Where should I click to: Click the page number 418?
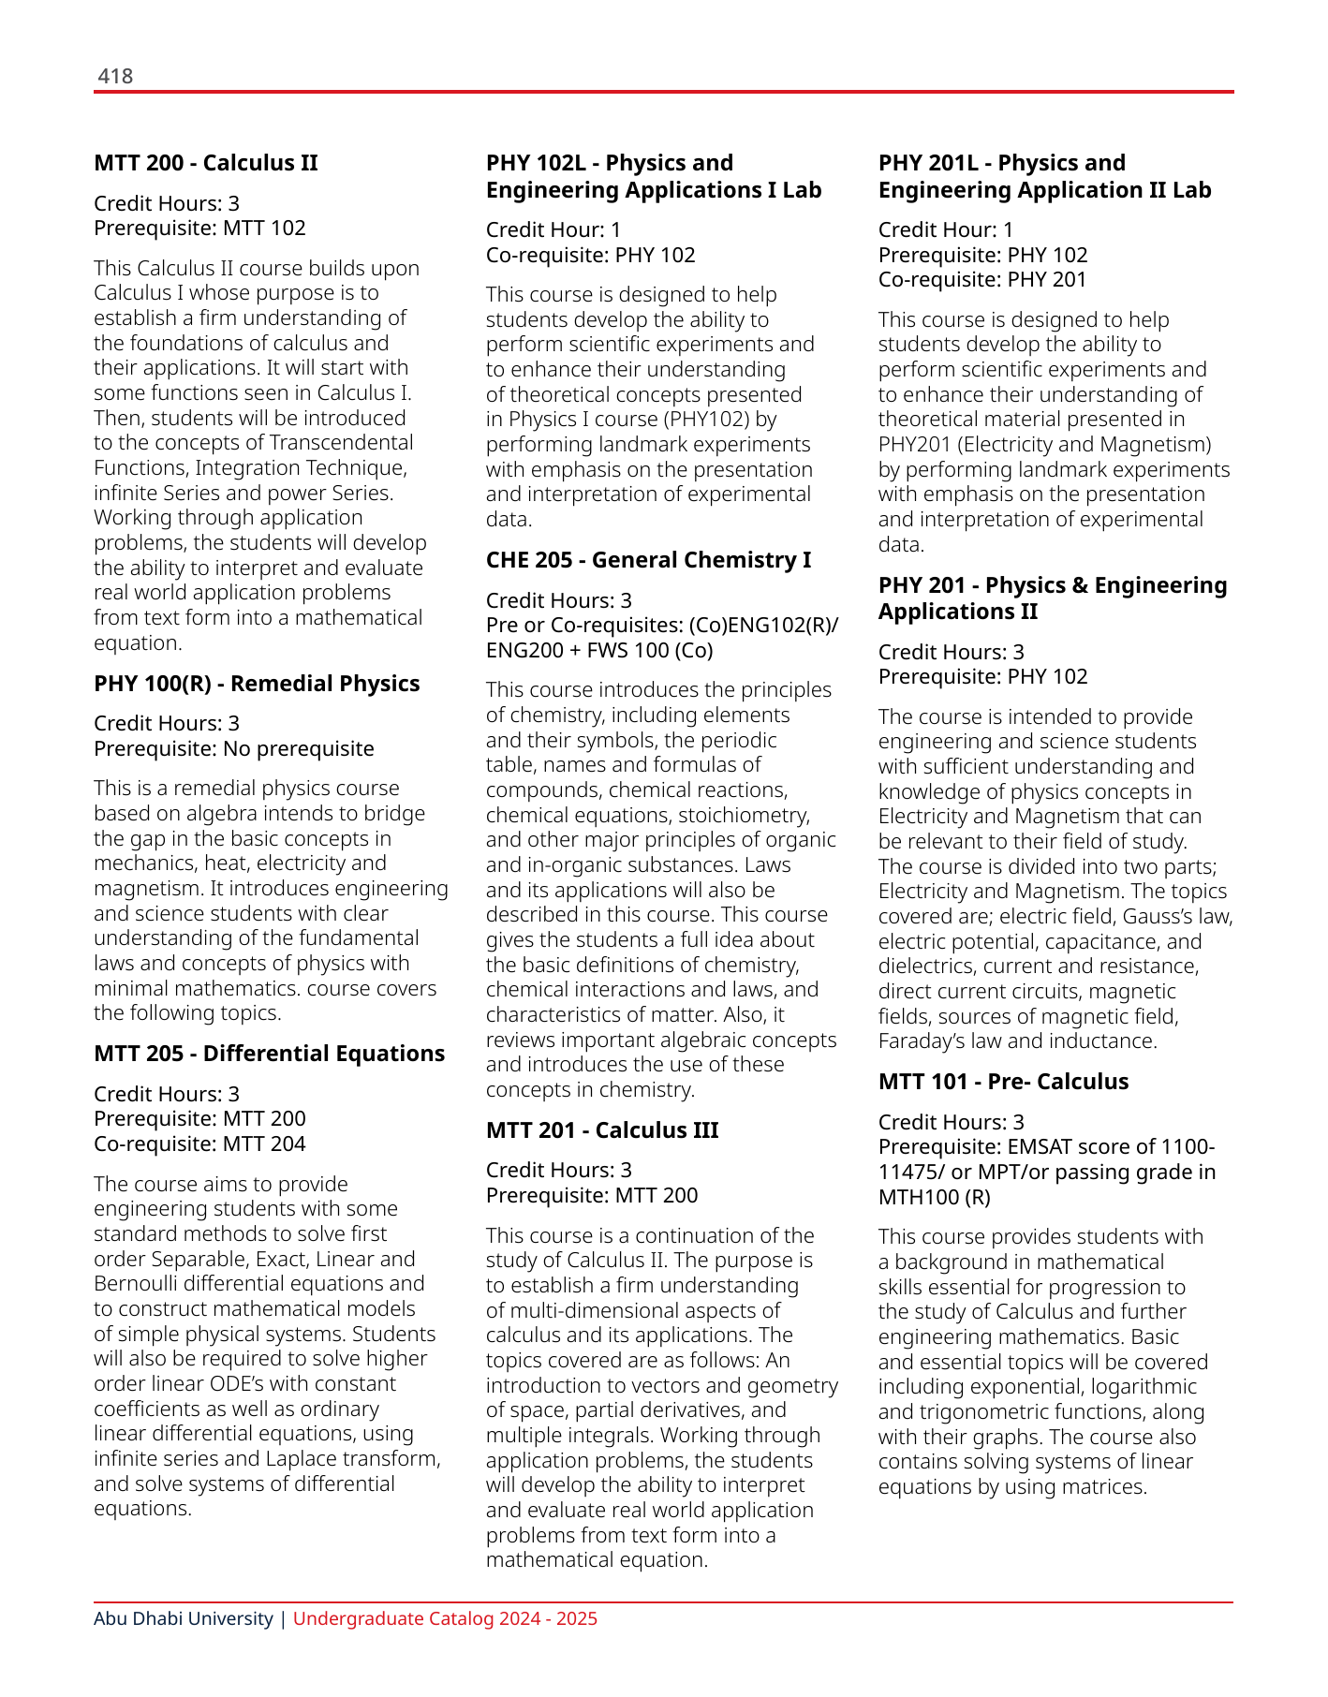click(115, 76)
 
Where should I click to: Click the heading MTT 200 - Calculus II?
click(206, 163)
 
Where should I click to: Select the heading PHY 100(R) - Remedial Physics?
click(257, 684)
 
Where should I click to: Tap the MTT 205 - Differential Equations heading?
click(269, 1054)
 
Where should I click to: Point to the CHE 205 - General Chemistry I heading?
click(648, 560)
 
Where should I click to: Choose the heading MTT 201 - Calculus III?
click(602, 1130)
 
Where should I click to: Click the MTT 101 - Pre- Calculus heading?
click(1003, 1082)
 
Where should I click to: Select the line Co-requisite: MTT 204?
click(199, 1144)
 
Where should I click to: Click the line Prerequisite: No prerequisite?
click(233, 748)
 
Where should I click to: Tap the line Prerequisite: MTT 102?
click(199, 228)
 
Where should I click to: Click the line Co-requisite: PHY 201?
click(982, 279)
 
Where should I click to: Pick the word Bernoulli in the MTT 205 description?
click(137, 1283)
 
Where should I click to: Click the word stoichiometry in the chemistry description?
click(743, 815)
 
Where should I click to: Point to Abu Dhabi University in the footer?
click(184, 1618)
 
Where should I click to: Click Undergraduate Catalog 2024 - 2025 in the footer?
click(445, 1618)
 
